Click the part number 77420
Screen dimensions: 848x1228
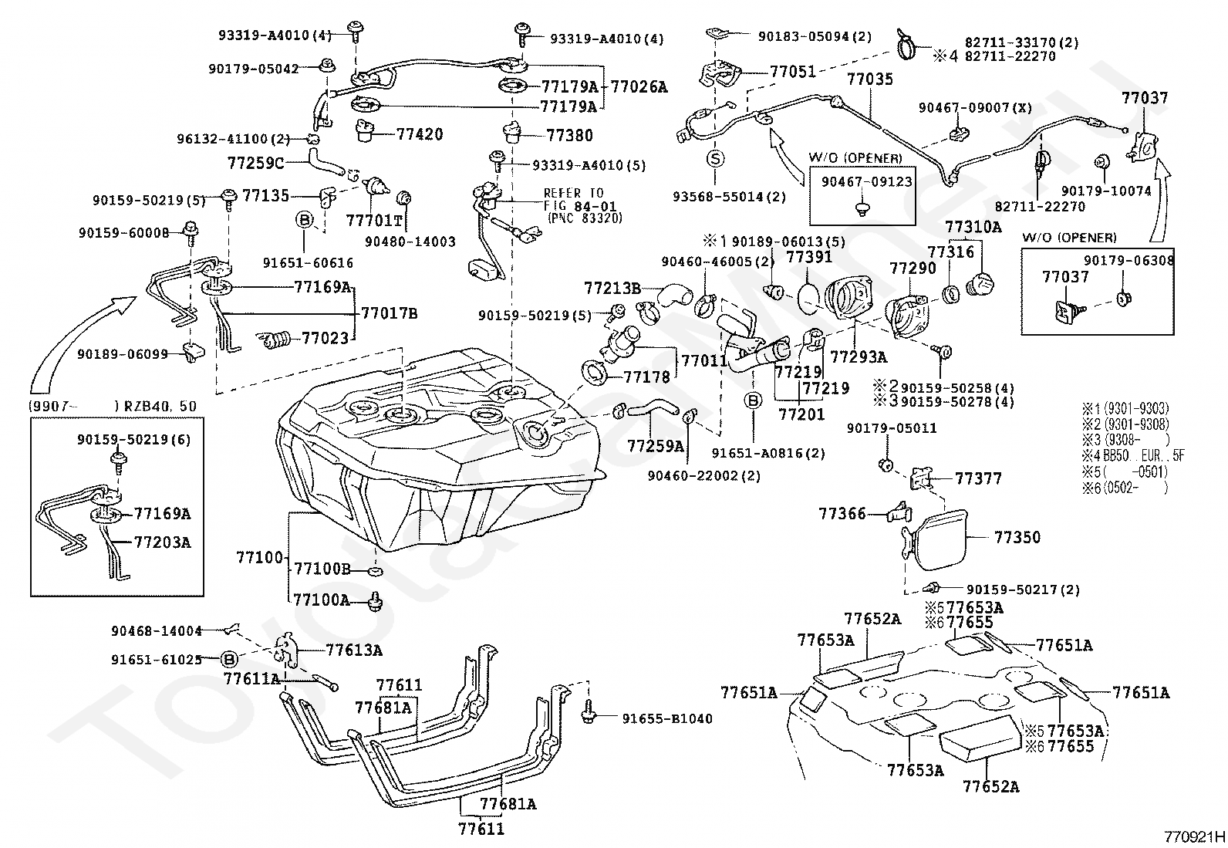pyautogui.click(x=420, y=134)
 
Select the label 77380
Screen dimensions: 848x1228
pyautogui.click(x=570, y=136)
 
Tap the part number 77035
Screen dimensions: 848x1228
pyautogui.click(x=870, y=79)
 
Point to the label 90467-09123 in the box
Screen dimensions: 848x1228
pyautogui.click(x=861, y=182)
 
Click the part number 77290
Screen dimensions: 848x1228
pyautogui.click(x=913, y=269)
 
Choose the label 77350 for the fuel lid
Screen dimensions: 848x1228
pyautogui.click(x=1017, y=537)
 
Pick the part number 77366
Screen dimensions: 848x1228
pyautogui.click(x=842, y=513)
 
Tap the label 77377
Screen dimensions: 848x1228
pyautogui.click(x=978, y=478)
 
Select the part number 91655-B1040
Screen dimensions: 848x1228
pyautogui.click(x=667, y=718)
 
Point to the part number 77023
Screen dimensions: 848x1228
pyautogui.click(x=324, y=338)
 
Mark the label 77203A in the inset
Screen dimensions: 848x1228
pyautogui.click(x=162, y=542)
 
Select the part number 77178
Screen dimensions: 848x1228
pyautogui.click(x=646, y=377)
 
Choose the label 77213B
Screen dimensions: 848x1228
pyautogui.click(x=612, y=289)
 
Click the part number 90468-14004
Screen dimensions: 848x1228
pyautogui.click(x=157, y=630)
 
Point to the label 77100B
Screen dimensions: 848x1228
pyautogui.click(x=322, y=569)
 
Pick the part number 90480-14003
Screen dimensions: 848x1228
pyautogui.click(x=410, y=242)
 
